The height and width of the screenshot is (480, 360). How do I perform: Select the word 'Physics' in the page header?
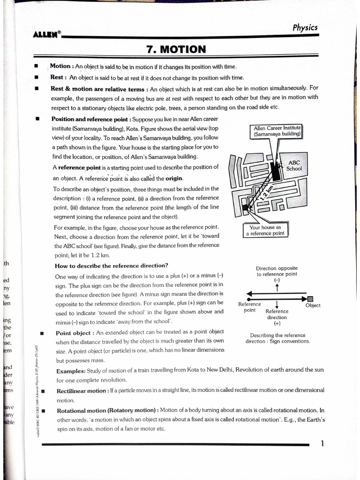[x=305, y=27]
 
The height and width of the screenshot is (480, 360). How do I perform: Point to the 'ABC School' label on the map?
[x=294, y=165]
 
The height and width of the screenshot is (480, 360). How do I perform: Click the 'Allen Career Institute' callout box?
[x=277, y=131]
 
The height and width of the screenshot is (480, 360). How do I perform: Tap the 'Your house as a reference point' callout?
[x=265, y=230]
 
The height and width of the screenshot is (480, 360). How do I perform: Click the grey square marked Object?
[x=310, y=299]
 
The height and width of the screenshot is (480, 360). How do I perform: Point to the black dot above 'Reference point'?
[x=249, y=299]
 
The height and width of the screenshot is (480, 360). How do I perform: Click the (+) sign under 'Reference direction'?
[x=277, y=323]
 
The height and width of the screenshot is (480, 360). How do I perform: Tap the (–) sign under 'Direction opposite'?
[x=277, y=280]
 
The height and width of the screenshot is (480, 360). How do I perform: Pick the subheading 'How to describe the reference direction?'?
[x=112, y=266]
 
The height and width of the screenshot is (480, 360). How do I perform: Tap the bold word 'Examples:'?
[x=71, y=370]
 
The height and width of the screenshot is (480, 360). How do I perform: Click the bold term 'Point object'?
[x=75, y=332]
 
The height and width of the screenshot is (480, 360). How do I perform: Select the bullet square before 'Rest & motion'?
[x=36, y=88]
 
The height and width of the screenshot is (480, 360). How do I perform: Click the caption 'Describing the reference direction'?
[x=277, y=338]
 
